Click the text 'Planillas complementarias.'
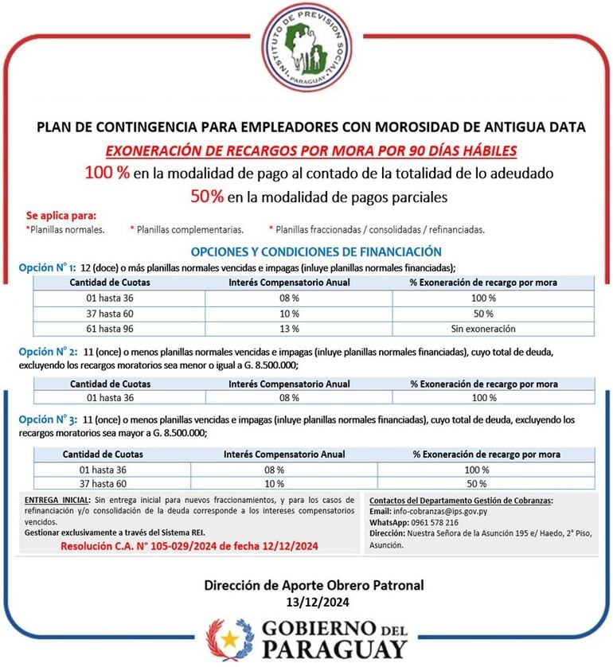(189, 229)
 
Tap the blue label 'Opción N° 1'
(47, 267)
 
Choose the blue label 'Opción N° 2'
(47, 351)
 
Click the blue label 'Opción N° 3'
(47, 419)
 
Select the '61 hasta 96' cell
(109, 328)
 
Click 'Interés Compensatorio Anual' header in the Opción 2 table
(289, 384)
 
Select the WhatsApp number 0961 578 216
(435, 522)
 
